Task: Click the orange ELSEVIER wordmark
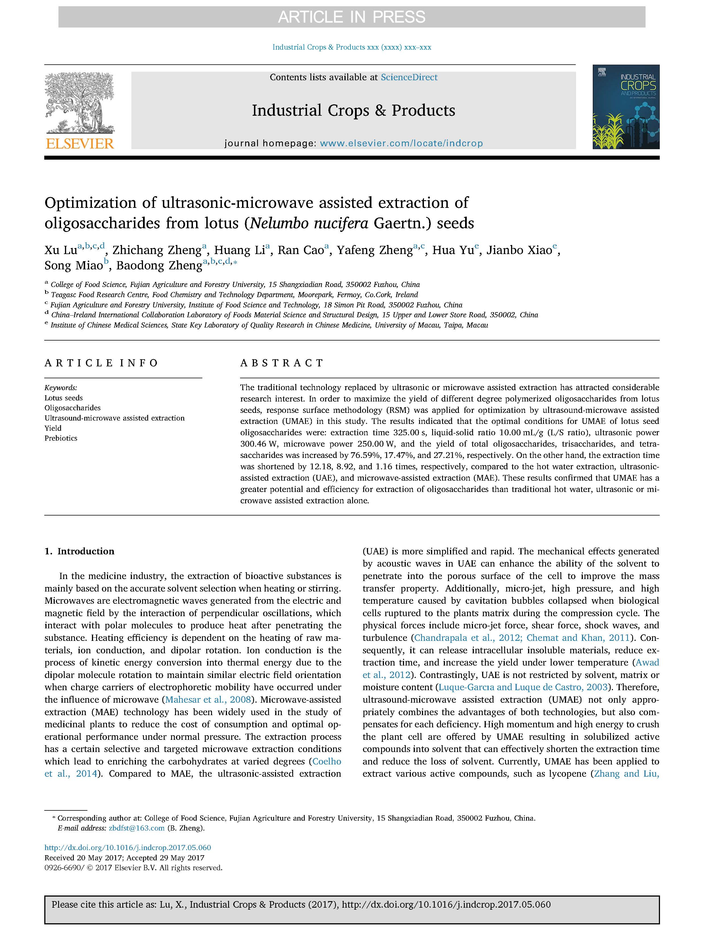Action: click(x=80, y=144)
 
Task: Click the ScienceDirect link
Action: click(x=409, y=77)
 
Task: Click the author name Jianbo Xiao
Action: click(x=518, y=250)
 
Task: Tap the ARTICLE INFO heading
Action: click(x=101, y=363)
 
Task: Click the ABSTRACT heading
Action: click(x=282, y=363)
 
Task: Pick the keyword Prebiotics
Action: click(x=61, y=438)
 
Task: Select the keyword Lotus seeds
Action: click(x=64, y=398)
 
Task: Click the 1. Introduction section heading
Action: click(x=79, y=551)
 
